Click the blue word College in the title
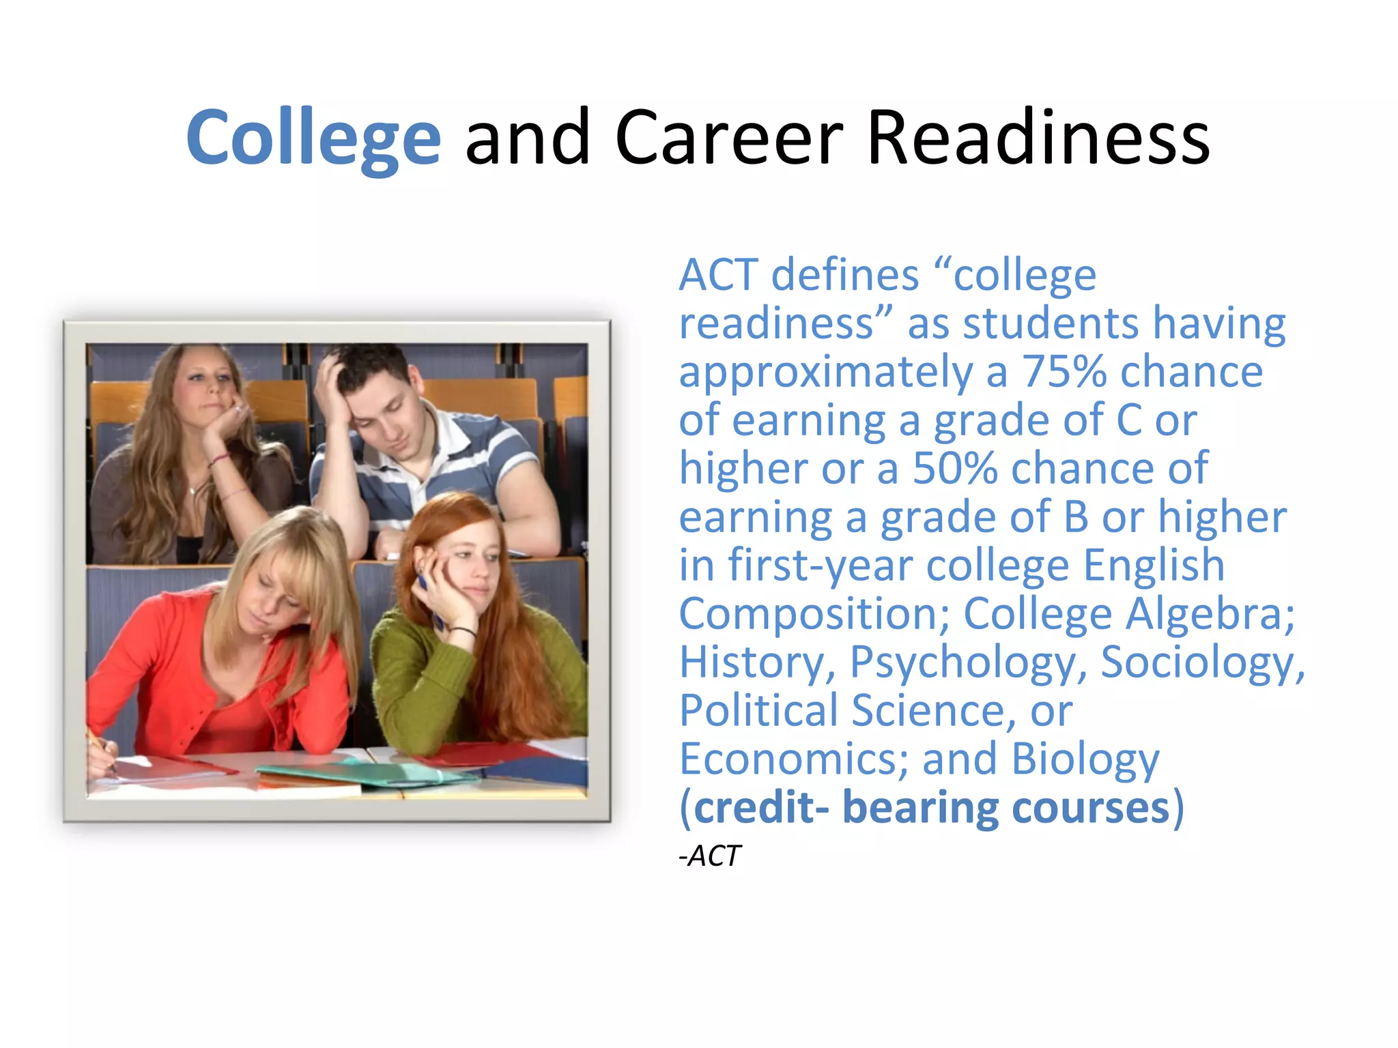click(313, 138)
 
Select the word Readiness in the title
click(1038, 138)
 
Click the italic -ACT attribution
click(710, 856)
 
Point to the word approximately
click(825, 373)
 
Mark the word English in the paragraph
click(1153, 566)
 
